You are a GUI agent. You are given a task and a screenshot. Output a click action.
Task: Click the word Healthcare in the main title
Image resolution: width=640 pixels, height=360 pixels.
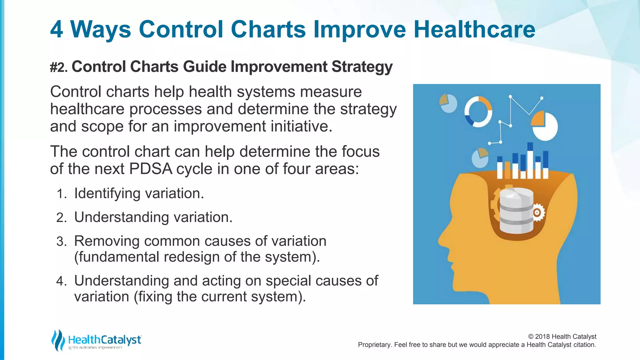point(474,29)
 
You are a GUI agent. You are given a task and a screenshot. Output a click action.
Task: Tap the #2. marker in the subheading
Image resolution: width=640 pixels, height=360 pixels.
point(59,67)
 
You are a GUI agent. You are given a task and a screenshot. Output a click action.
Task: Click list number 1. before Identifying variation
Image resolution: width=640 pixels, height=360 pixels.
point(62,194)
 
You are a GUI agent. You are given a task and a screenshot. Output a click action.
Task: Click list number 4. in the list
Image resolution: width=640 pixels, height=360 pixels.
point(62,281)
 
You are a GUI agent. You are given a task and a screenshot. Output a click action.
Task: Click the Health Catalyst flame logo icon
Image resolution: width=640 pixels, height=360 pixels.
point(58,340)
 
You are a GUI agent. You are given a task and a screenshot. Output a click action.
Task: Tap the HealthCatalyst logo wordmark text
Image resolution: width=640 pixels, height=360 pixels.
point(105,340)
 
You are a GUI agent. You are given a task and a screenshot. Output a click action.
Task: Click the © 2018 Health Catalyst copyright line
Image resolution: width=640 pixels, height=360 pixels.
point(562,337)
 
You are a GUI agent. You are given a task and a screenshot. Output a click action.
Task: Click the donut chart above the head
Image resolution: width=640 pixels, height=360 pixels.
point(478,112)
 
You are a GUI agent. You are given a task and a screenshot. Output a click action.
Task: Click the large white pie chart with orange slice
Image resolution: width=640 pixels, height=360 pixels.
point(545,127)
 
